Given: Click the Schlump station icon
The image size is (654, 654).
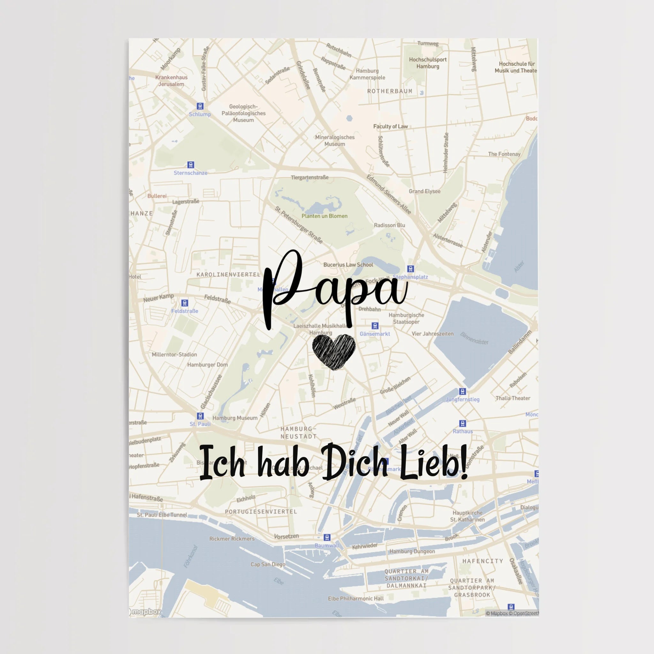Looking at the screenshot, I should (200, 106).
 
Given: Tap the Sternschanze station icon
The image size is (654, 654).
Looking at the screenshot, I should (191, 165).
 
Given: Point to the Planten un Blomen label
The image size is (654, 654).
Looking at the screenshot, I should (324, 216).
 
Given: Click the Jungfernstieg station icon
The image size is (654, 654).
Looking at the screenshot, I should (462, 392).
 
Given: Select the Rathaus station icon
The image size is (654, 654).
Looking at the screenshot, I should (462, 423).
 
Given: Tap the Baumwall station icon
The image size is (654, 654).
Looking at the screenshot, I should (327, 537).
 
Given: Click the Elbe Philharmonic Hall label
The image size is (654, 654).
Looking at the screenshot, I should (355, 598).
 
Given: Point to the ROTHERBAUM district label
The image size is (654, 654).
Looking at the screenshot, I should (390, 91).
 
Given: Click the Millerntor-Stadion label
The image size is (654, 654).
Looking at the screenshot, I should (174, 354).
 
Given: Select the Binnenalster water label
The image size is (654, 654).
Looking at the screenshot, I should (474, 338).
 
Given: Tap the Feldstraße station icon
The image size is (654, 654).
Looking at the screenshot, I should (185, 303).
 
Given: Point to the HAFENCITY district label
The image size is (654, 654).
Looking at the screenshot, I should (483, 561).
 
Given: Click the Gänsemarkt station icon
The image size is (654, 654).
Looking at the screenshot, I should (375, 326).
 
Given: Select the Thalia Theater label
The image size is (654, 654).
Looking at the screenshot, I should (513, 398).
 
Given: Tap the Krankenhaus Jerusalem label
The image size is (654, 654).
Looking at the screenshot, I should (171, 80).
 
